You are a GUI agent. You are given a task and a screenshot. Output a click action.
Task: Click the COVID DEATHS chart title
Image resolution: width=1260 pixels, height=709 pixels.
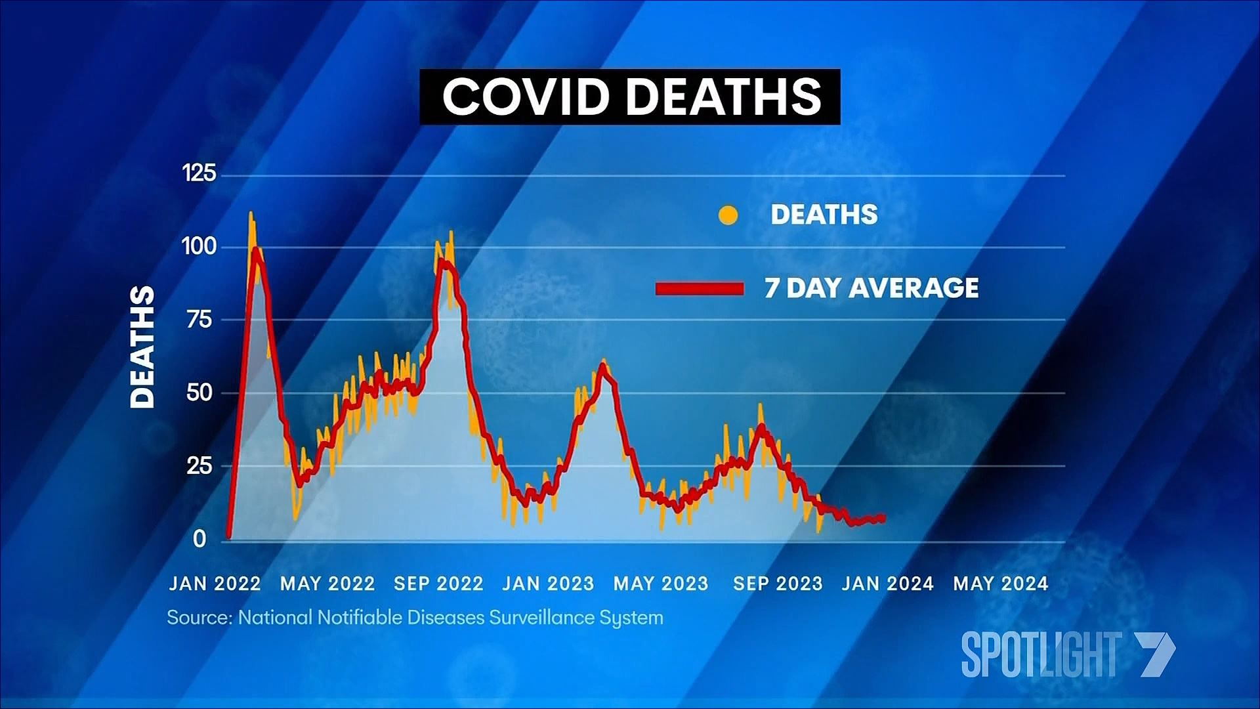coord(630,97)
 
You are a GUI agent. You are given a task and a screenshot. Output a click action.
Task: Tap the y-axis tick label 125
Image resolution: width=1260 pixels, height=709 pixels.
coord(199,173)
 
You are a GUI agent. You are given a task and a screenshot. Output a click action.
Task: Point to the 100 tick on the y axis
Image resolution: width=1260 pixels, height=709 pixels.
coord(199,247)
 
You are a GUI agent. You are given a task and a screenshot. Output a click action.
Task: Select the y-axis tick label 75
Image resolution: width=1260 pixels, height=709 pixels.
coord(199,320)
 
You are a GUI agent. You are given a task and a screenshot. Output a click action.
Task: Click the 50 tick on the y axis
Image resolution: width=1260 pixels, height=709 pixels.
coord(199,393)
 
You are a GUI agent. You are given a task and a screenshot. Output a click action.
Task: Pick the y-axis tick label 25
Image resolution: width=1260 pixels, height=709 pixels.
coord(199,466)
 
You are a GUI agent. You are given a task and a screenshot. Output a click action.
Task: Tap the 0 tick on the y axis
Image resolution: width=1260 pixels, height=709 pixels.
coord(199,539)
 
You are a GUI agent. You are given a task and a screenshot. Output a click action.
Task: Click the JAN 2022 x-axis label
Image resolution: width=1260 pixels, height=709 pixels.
coord(215,584)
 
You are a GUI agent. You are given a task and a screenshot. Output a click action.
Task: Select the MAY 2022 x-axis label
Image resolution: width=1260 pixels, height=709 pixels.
coord(327,584)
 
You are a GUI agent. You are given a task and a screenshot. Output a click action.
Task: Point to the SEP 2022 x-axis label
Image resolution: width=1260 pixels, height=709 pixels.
coord(438,584)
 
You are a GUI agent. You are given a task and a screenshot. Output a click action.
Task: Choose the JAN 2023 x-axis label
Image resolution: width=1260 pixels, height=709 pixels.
coord(548,584)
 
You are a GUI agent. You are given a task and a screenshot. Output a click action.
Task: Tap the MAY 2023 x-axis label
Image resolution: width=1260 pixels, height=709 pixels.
coord(661,584)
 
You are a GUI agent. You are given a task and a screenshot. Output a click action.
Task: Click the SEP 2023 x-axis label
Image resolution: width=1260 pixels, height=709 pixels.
coord(778,584)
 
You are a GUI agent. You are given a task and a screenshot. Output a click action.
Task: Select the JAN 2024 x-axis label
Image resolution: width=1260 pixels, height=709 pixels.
coord(887,584)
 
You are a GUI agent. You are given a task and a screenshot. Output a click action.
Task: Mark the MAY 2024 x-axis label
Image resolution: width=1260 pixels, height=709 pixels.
coord(1001,584)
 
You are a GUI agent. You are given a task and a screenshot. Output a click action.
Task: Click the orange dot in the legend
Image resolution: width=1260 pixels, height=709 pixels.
coord(728,215)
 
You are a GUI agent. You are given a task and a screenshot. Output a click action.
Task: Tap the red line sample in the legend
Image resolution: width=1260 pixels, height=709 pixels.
coord(700,289)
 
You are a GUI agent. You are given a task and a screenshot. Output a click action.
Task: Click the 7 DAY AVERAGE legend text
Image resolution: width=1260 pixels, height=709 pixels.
coord(871,288)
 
